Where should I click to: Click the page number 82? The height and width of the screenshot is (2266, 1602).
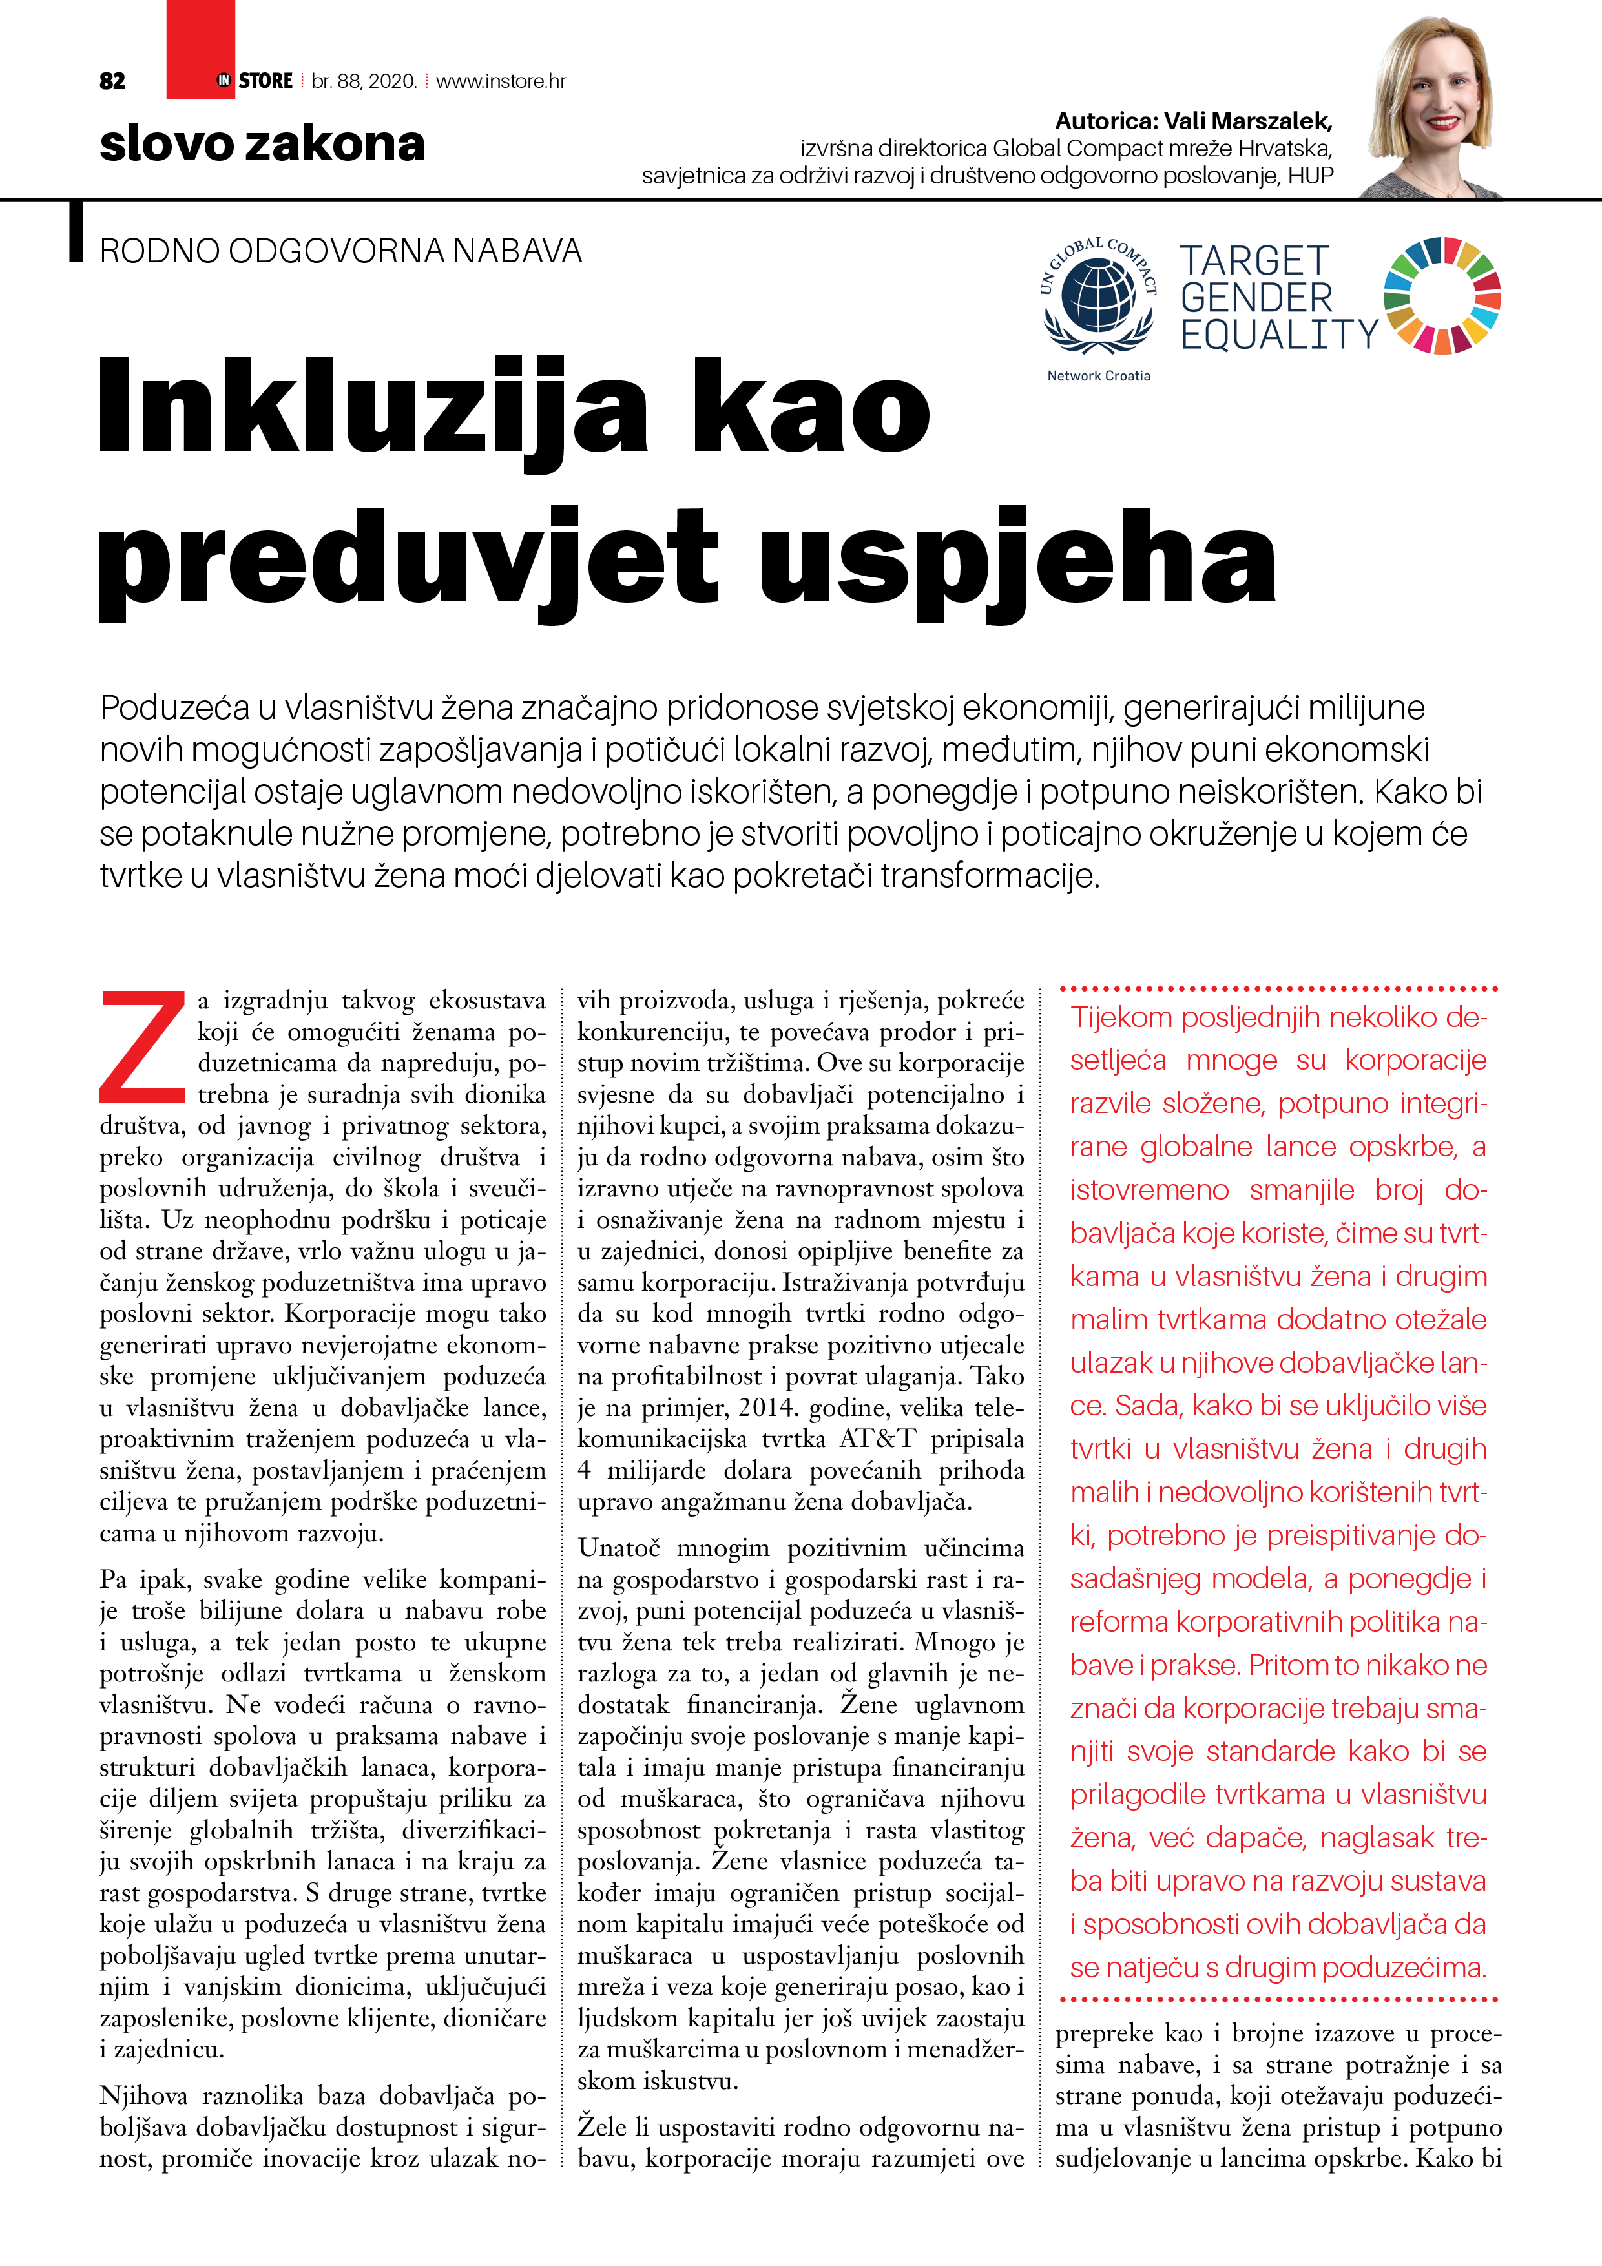[112, 81]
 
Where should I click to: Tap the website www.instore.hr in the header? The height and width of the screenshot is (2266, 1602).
[501, 81]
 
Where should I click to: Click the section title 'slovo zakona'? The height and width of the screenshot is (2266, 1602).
[262, 144]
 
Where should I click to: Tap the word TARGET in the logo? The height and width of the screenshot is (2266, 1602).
[1254, 262]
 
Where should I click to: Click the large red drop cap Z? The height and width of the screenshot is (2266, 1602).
[142, 1046]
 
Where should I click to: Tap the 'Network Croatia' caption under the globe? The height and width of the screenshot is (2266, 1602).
[1099, 376]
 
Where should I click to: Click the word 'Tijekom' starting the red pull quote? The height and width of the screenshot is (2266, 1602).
[1121, 1017]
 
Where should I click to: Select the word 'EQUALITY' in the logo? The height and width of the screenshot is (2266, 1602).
[1278, 335]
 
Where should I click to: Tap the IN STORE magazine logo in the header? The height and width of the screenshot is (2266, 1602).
[255, 81]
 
